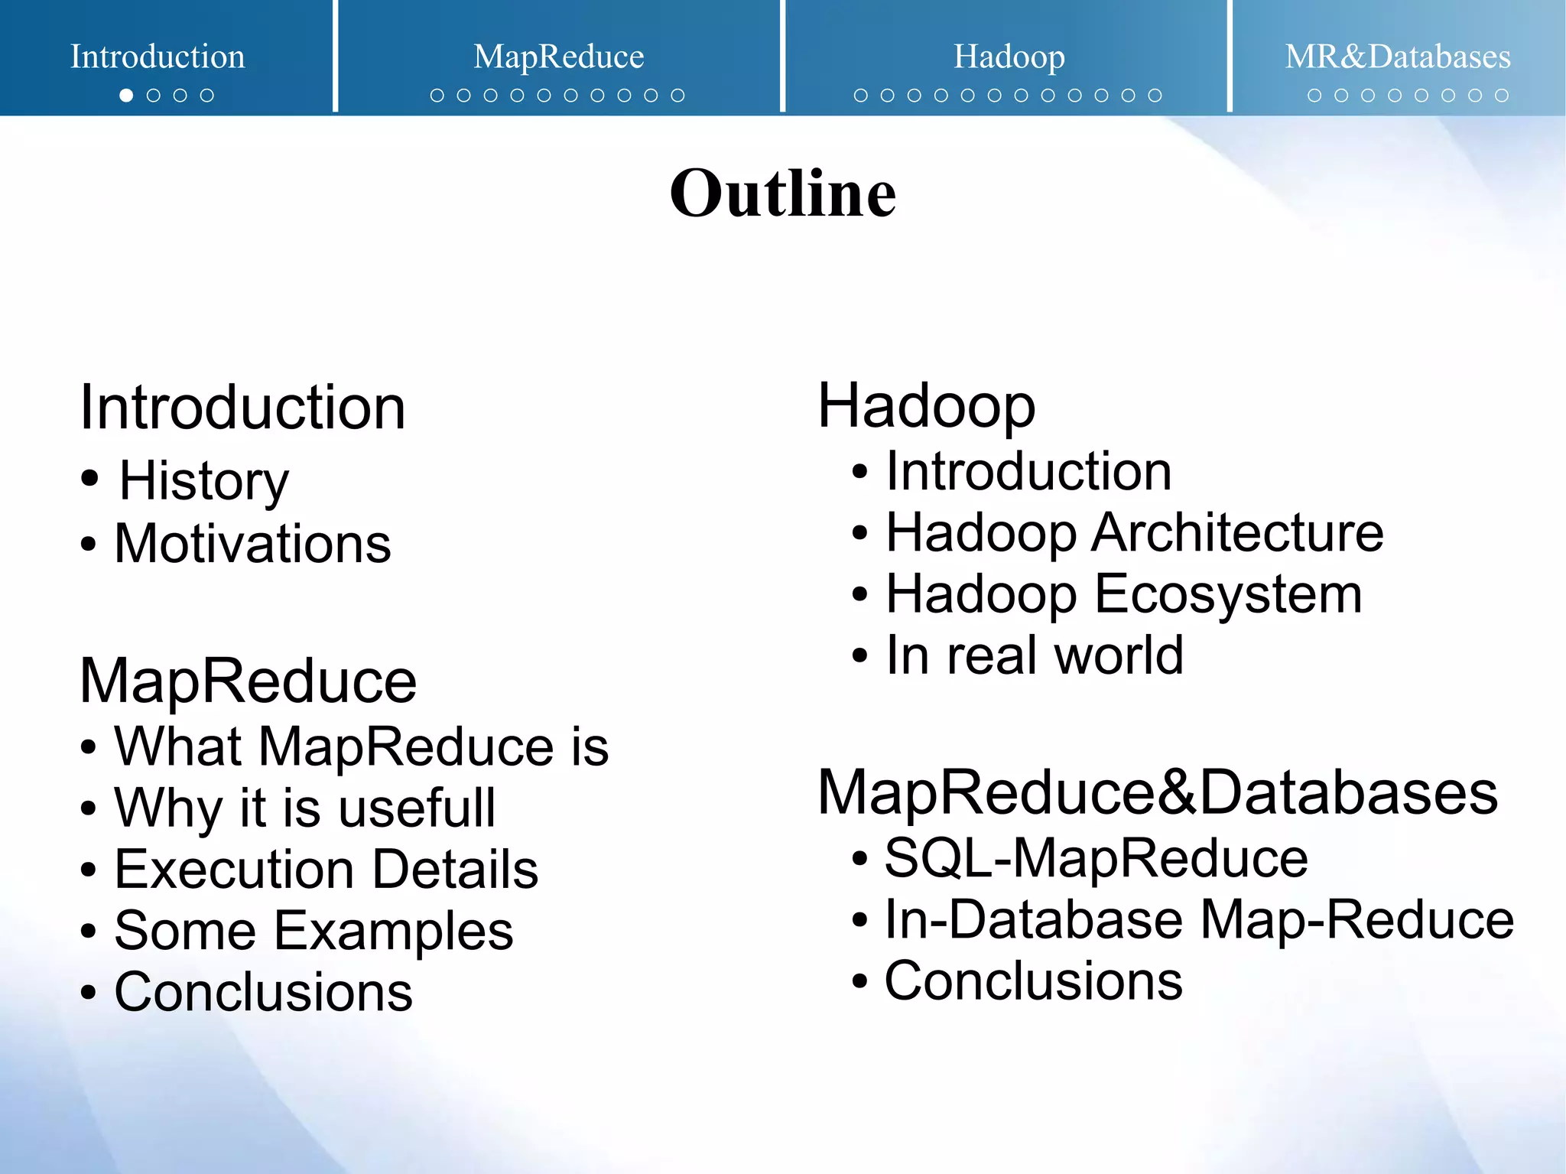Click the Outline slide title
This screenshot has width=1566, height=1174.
tap(782, 193)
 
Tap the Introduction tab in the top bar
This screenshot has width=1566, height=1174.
tap(158, 57)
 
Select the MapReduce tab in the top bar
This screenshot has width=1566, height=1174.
tap(558, 57)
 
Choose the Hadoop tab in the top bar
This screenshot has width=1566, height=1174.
tap(1009, 57)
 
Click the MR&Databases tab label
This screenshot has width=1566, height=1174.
tap(1397, 57)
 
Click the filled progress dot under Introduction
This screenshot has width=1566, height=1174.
tap(126, 96)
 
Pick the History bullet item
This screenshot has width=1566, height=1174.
tap(203, 481)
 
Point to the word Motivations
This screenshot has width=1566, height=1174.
tap(252, 544)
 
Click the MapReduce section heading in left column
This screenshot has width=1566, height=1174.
tap(248, 681)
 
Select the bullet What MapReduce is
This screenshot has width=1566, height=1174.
tap(361, 746)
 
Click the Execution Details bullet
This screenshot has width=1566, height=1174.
tap(326, 870)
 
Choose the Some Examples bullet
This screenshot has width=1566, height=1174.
tap(314, 931)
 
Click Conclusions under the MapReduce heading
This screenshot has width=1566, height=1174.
tap(263, 992)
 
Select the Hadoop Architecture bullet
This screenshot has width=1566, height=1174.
tap(1134, 532)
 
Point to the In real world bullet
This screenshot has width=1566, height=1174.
tap(1034, 655)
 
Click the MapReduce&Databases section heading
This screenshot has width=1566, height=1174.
tap(1157, 793)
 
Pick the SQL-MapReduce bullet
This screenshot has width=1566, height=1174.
tap(1096, 858)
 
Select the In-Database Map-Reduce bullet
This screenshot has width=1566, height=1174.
tap(1198, 919)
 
